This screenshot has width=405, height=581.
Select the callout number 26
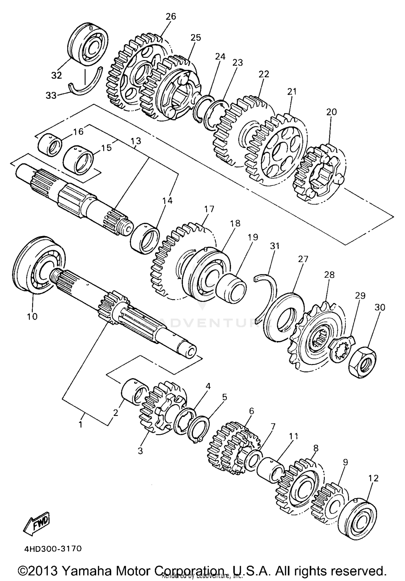tap(171, 16)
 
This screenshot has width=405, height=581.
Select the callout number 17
tap(209, 209)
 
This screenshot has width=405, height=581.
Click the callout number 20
tap(332, 112)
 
